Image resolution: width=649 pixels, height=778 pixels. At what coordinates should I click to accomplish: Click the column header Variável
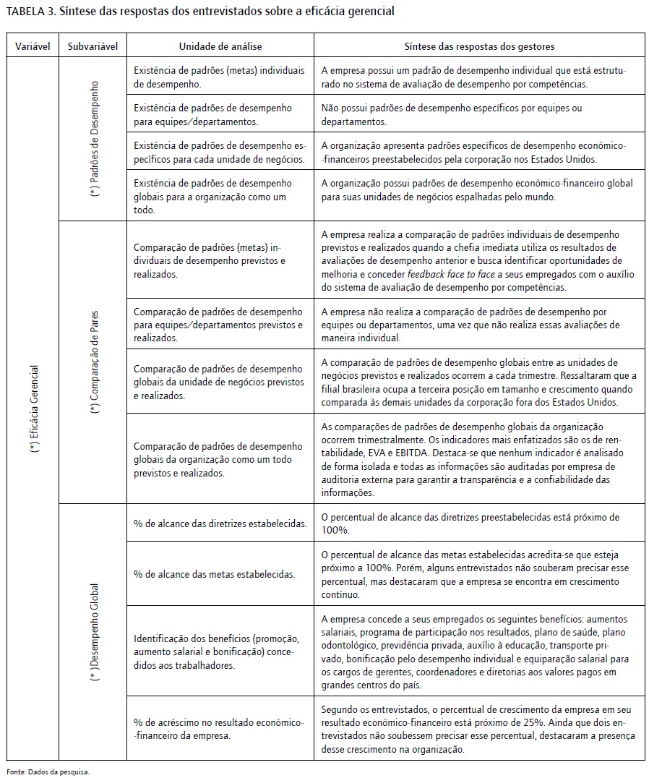pos(33,46)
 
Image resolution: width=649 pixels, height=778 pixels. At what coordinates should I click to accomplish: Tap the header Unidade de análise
pos(220,46)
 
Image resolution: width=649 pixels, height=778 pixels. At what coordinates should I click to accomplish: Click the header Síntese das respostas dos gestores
pos(479,46)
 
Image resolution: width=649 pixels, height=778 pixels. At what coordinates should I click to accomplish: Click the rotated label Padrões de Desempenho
pos(95,140)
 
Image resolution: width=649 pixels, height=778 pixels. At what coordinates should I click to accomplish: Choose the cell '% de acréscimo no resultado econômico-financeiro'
pos(219,729)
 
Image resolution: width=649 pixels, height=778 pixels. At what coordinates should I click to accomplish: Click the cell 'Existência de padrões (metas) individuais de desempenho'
pos(219,77)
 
